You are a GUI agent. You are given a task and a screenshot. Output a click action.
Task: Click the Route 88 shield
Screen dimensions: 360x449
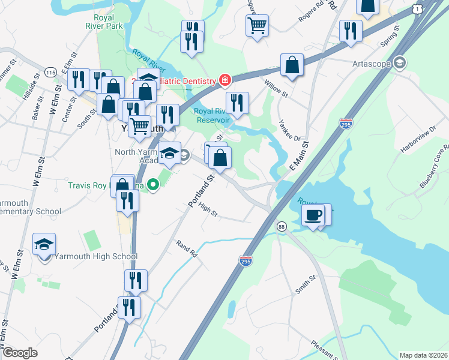click(x=281, y=226)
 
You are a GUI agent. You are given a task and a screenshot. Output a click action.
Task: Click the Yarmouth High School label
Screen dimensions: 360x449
click(x=96, y=257)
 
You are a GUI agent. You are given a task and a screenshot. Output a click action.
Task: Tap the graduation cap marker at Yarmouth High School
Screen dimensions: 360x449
click(x=44, y=245)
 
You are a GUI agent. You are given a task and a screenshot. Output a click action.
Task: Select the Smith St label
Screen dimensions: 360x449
click(x=305, y=287)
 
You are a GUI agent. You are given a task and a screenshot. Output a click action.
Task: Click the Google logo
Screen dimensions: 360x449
click(x=20, y=353)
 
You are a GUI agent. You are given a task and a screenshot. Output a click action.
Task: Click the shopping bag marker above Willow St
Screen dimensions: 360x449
click(x=291, y=66)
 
